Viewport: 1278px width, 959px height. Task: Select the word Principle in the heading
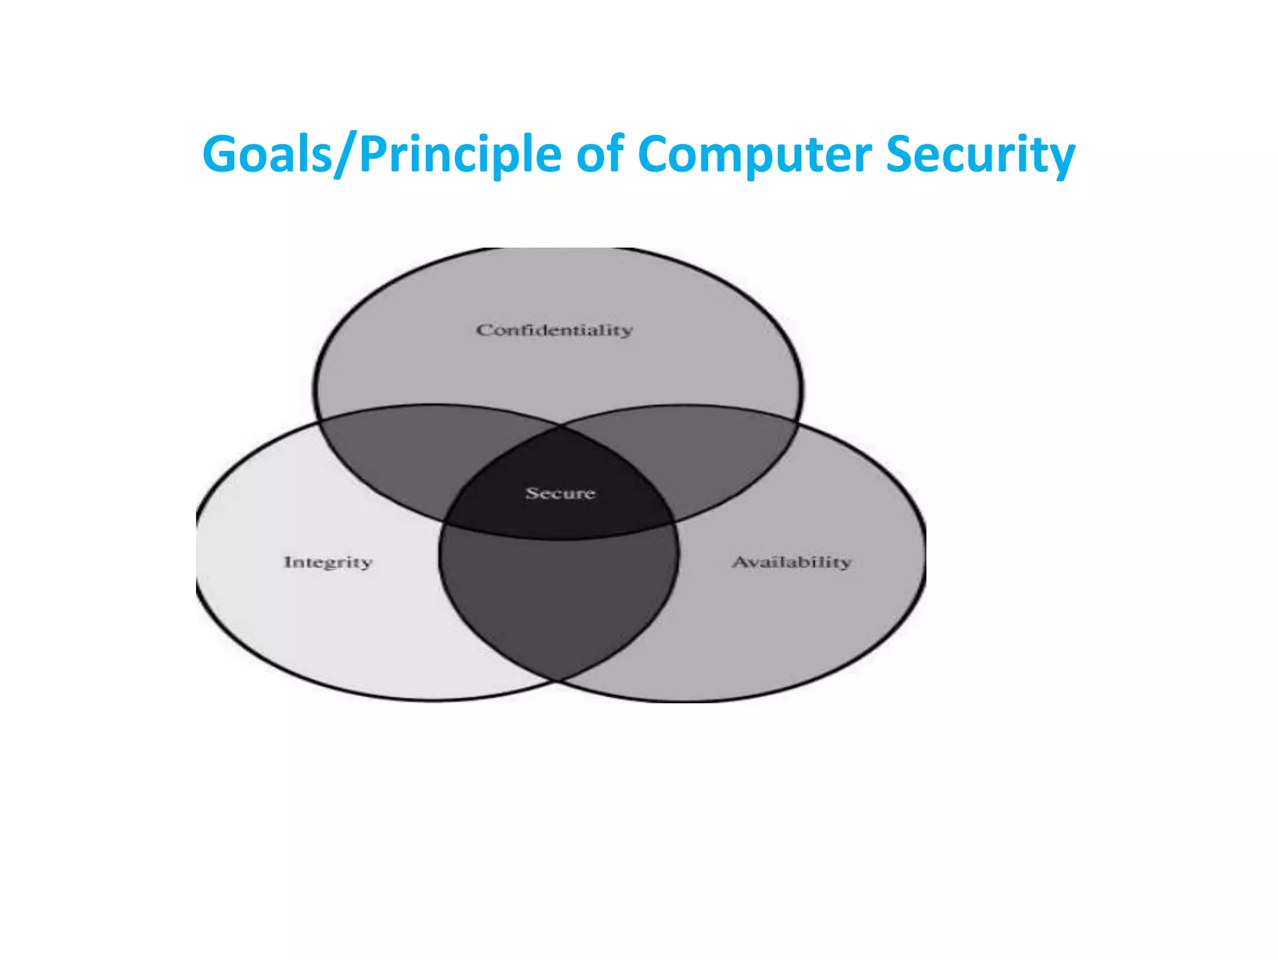click(461, 155)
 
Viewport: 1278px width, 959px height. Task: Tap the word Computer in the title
click(754, 155)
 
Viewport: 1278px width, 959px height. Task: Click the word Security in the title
click(980, 155)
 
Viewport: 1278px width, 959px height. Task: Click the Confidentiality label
click(554, 330)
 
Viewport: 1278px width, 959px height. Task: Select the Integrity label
click(328, 562)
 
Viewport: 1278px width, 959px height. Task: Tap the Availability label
click(791, 562)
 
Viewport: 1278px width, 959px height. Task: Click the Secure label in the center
click(560, 493)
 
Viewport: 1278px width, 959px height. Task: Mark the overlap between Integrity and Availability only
click(559, 599)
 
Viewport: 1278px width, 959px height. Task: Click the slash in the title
click(347, 155)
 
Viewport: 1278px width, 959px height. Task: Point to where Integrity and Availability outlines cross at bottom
click(558, 679)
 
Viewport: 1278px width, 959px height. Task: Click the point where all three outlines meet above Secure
click(559, 427)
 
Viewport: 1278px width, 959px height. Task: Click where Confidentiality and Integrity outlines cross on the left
click(320, 421)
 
